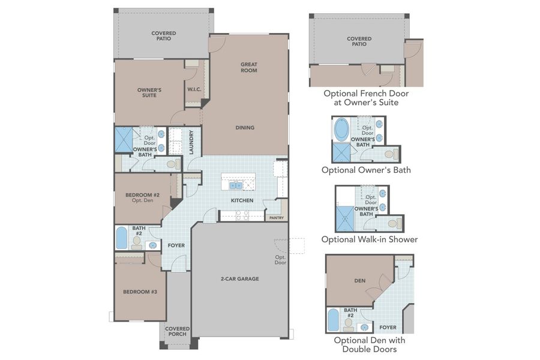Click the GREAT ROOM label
[248, 67]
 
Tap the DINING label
[245, 127]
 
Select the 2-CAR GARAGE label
[239, 279]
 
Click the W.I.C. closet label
[194, 89]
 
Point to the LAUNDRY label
[191, 142]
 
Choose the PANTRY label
[275, 218]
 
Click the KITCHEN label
[242, 200]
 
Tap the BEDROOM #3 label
[140, 292]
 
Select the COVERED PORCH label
[178, 331]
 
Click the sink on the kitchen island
[235, 185]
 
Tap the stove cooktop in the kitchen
[242, 215]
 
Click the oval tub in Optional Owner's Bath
[341, 129]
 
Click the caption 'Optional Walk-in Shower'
[369, 239]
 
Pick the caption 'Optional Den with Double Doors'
[368, 344]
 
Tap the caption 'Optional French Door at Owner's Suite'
[369, 98]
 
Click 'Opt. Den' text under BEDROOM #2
[141, 202]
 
